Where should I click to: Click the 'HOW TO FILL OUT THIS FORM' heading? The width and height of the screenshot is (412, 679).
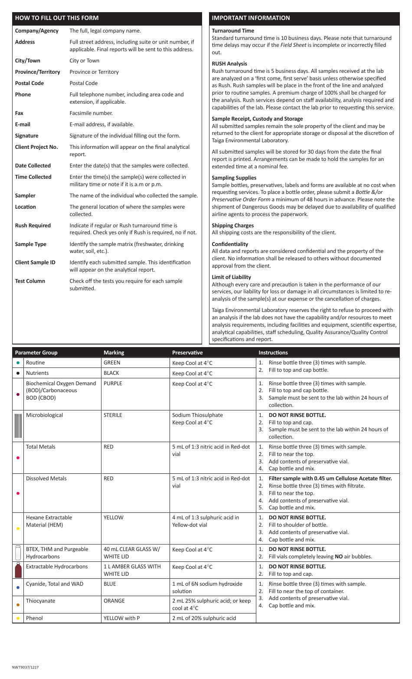[x=57, y=18]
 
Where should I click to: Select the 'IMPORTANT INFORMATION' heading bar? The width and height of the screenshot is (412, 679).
[x=251, y=18]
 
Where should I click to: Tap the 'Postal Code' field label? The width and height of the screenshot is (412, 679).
[x=28, y=83]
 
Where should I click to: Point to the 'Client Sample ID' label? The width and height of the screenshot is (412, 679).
[x=35, y=262]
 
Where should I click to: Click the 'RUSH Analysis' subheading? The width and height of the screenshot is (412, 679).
[x=229, y=64]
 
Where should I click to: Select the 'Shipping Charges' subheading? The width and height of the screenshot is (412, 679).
[x=232, y=226]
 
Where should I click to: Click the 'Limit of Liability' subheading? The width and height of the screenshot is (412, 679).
[x=231, y=277]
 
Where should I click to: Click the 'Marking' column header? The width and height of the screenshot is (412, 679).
[x=114, y=353]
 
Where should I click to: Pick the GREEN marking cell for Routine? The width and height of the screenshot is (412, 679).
[x=112, y=363]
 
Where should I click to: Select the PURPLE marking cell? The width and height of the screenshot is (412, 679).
[x=113, y=384]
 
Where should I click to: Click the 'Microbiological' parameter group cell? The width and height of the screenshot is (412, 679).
[x=44, y=415]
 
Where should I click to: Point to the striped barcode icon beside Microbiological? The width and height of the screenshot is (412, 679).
[x=18, y=426]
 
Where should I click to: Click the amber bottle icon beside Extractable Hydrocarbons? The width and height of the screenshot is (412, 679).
[x=18, y=570]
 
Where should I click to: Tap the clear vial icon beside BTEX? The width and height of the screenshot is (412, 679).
[x=18, y=553]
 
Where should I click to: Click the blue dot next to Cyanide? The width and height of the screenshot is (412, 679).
[x=18, y=587]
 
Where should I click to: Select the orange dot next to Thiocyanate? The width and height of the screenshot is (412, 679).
[x=18, y=604]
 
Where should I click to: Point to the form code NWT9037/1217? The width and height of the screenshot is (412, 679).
[x=25, y=667]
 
